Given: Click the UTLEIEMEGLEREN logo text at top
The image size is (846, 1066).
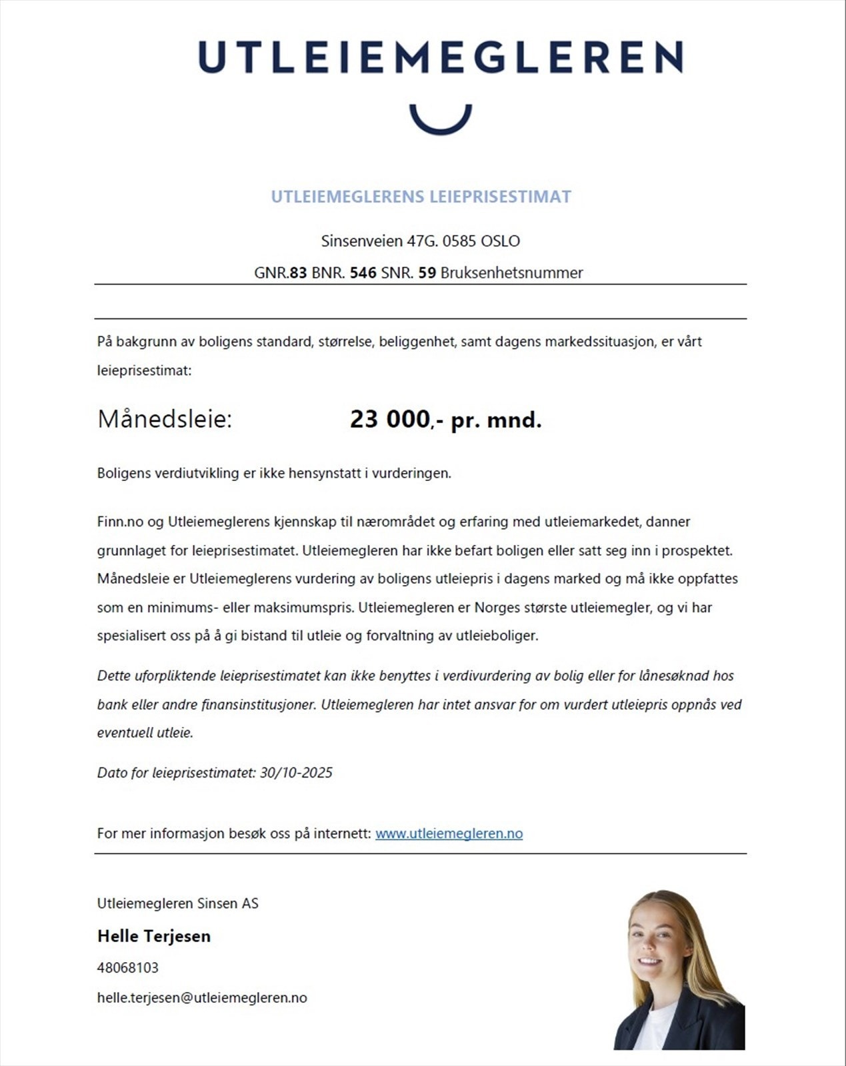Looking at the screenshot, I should (440, 57).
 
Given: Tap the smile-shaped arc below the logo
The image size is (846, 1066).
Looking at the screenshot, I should (440, 123).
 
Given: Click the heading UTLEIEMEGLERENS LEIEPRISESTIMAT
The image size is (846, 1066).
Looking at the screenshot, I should (421, 197).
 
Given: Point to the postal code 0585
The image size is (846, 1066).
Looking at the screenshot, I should (459, 241).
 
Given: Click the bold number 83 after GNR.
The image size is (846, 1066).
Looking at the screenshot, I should (298, 272).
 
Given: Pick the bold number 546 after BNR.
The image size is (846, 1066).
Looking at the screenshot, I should (363, 272).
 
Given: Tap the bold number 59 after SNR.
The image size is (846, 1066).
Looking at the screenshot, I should (427, 272).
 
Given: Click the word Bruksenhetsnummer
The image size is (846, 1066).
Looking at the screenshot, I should (511, 272).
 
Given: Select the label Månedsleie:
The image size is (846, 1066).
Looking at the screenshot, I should (165, 420).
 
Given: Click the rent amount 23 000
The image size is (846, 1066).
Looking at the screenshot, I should (390, 420).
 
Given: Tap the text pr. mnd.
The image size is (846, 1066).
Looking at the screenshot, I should (496, 420).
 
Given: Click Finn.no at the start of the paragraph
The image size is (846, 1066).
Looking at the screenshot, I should (120, 522).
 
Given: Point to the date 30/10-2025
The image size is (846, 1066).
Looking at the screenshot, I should (296, 773).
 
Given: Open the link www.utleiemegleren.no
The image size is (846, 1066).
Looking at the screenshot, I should (449, 833).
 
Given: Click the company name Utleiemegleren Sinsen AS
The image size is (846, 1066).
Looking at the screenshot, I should (177, 903).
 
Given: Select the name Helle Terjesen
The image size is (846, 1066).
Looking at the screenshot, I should (154, 936).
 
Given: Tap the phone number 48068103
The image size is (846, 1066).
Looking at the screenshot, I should (127, 967).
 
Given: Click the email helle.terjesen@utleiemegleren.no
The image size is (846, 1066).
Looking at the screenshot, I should (202, 997).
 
